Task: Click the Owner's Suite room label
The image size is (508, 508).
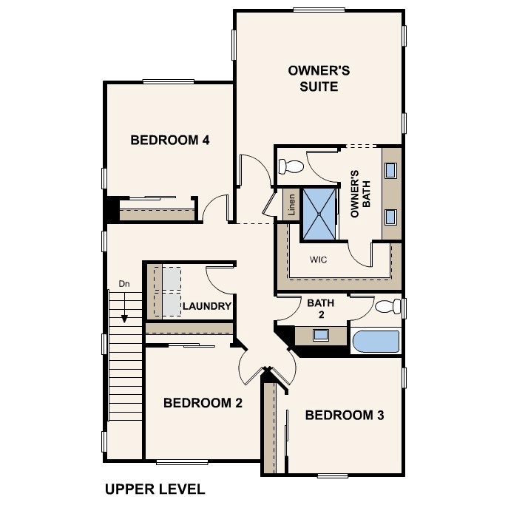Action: [x=319, y=78]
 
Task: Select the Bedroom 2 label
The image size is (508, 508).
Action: [x=203, y=403]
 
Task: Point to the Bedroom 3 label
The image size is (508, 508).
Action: [x=345, y=415]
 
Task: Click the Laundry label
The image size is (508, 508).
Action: [x=207, y=306]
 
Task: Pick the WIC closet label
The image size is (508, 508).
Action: [x=318, y=260]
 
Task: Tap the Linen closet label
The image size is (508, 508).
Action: [x=291, y=205]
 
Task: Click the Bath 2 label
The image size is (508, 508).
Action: [x=321, y=308]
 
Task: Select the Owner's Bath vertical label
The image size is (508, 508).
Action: [x=360, y=194]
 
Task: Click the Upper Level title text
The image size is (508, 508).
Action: [x=155, y=489]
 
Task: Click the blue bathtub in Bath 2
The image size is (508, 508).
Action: [x=376, y=342]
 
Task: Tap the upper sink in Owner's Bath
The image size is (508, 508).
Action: [x=391, y=169]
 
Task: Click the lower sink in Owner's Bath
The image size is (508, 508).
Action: [x=391, y=216]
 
